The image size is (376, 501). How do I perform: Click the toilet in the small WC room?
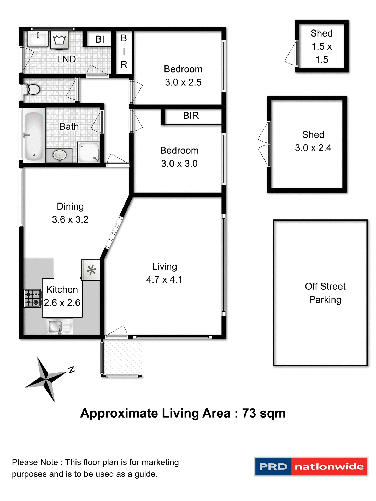pos(32,90)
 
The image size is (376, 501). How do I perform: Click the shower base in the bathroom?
pos(89,152)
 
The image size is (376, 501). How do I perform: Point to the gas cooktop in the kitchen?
pos(33,298)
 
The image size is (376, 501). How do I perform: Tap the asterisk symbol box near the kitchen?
pos(91,270)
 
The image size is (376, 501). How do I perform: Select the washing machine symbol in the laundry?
pos(59,40)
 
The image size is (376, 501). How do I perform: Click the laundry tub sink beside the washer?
pos(38,39)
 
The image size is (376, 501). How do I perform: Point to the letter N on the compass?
pos(71,369)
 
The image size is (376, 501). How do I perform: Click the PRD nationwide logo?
pos(311,467)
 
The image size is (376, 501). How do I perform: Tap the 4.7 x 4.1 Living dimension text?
pos(164,279)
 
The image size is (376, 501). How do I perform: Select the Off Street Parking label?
pos(325,293)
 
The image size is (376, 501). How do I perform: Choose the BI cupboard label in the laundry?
pos(100,39)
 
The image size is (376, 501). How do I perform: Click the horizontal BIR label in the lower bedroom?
pos(191,116)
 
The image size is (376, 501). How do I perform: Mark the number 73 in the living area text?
pos(249,413)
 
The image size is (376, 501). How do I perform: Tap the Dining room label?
pos(70,206)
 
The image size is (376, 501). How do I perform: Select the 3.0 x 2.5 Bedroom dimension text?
pos(183,82)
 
